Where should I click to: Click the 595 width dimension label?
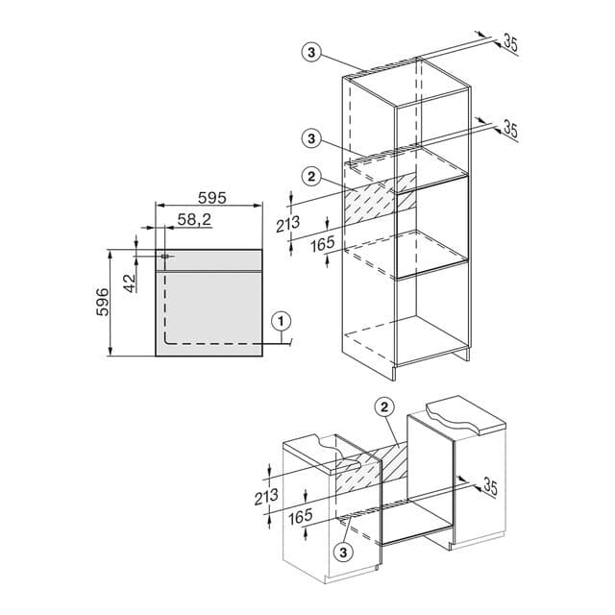click(211, 198)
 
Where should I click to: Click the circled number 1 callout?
click(280, 321)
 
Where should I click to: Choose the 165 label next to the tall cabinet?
click(323, 244)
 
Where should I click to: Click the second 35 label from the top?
click(509, 128)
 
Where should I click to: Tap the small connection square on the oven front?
click(166, 258)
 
